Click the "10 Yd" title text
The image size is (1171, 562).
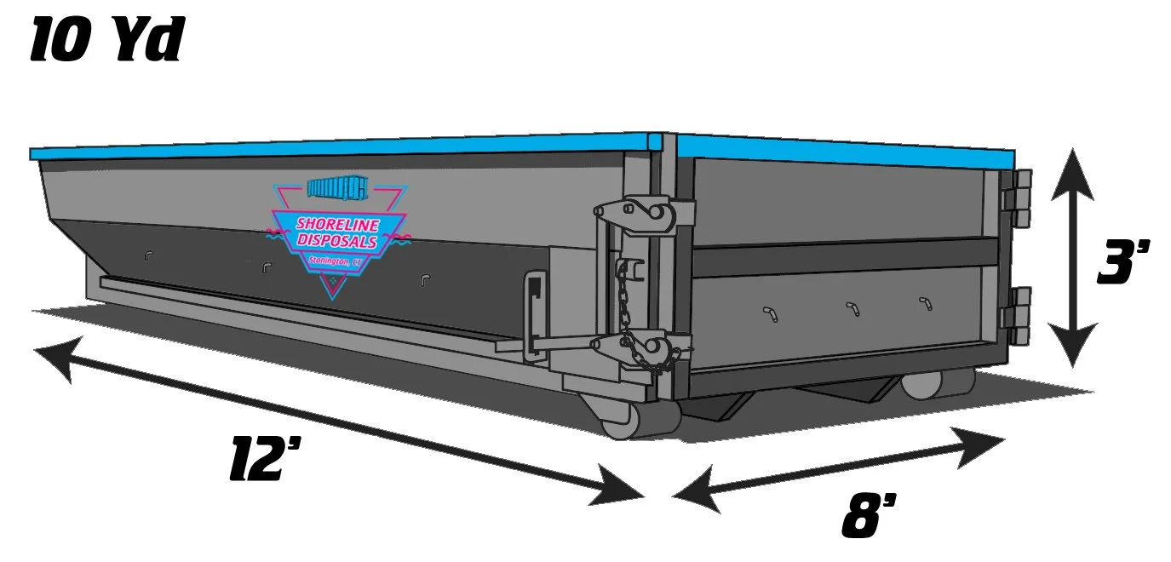point(106,40)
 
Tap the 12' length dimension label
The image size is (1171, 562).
point(267,460)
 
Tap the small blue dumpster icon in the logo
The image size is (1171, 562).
point(337,187)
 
